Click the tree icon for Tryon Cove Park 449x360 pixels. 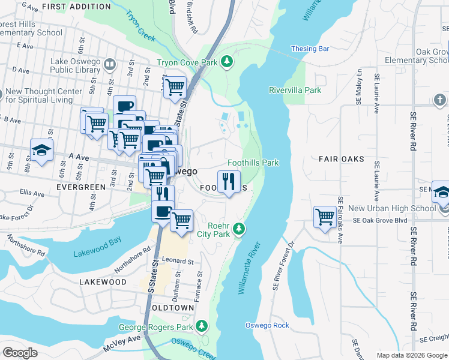(227, 61)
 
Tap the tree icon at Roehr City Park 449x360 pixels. (239, 228)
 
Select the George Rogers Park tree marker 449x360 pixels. (202, 326)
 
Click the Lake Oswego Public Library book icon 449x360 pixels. (109, 64)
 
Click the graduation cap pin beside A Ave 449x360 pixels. (41, 151)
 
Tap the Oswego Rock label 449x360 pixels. (267, 325)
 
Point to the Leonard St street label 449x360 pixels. (177, 262)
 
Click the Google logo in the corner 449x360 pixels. (20, 353)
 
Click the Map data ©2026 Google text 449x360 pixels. (411, 355)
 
